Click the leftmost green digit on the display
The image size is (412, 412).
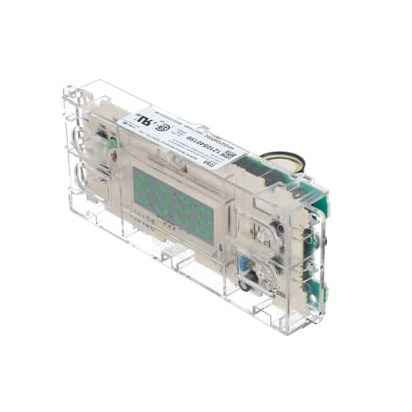coord(144,186)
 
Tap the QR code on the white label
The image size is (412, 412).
coord(229,154)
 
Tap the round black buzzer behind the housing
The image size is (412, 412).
coord(285,162)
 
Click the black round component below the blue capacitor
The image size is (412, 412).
coord(246,285)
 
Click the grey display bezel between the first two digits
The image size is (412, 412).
coord(154,192)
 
